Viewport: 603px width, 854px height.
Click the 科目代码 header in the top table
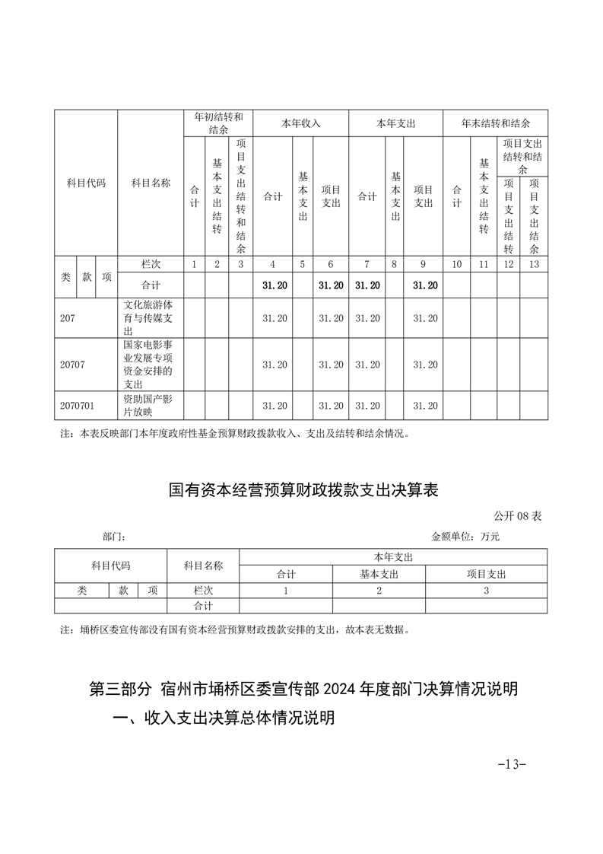point(86,183)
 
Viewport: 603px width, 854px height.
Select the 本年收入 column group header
point(301,123)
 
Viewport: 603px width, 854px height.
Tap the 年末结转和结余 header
point(496,123)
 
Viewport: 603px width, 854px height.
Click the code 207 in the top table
point(68,318)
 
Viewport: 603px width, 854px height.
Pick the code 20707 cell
point(72,365)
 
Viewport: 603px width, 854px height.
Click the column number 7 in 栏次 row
point(367,264)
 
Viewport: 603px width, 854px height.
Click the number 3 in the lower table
point(486,590)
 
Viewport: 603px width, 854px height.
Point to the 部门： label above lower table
point(114,536)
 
